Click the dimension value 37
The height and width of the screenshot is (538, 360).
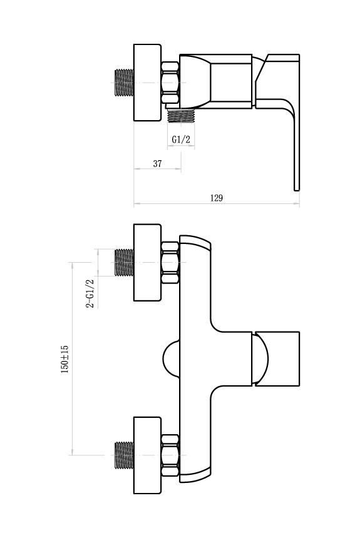[x=157, y=164]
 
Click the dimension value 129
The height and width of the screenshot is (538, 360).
[x=217, y=198]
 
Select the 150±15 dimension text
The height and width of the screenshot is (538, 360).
[x=64, y=359]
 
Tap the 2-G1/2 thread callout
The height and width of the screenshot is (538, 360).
[x=90, y=293]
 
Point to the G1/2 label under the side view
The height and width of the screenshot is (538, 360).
[x=181, y=140]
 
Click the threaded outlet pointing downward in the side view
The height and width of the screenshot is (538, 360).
[x=181, y=116]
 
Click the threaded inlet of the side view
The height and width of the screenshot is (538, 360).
[x=124, y=83]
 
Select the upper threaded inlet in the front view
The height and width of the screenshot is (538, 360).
[x=124, y=263]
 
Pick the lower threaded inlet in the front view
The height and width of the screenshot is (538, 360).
[x=124, y=455]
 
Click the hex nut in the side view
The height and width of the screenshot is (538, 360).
[x=170, y=83]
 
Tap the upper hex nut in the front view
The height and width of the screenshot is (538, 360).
[x=170, y=263]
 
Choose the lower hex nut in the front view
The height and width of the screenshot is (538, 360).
[x=170, y=455]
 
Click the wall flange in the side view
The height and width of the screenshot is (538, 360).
[x=147, y=83]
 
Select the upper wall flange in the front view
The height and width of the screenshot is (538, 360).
[x=147, y=263]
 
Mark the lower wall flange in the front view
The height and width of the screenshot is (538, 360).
[x=147, y=455]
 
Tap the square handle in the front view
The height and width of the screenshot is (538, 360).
[x=277, y=359]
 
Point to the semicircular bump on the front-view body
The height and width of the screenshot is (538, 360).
[x=171, y=359]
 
